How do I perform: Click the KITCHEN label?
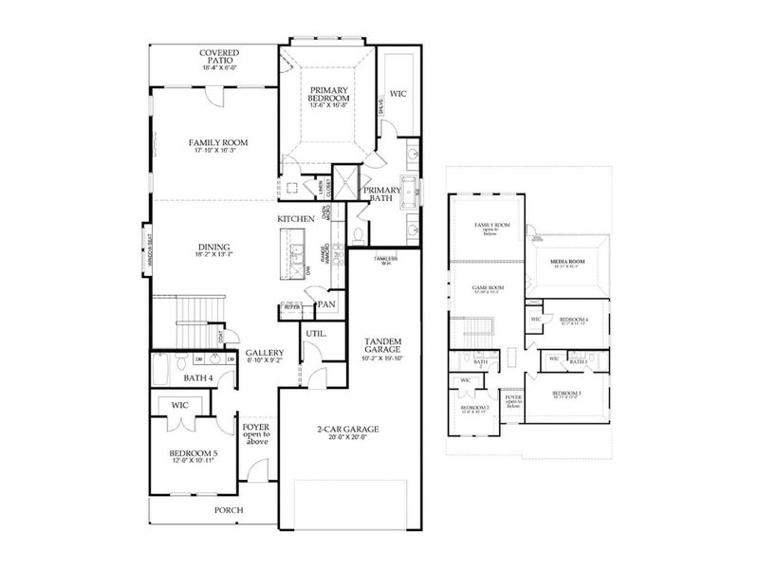coord(296,219)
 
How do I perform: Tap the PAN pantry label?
coord(326,304)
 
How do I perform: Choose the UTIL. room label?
coord(316,334)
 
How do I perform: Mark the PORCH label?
coord(229,510)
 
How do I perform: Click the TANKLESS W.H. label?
coord(384,259)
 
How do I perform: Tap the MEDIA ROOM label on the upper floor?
coord(569,261)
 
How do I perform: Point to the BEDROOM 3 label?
coord(566,393)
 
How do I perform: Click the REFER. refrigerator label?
coord(292,307)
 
